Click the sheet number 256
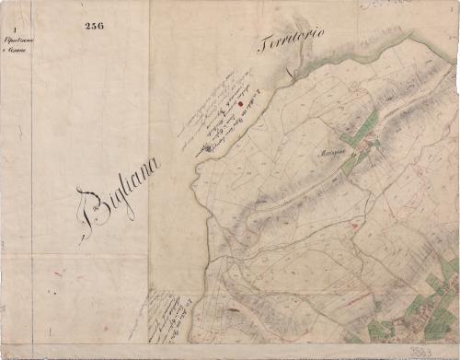pyautogui.click(x=94, y=26)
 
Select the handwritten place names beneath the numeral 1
pyautogui.click(x=16, y=45)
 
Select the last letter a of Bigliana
pyautogui.click(x=153, y=167)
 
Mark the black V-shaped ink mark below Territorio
pyautogui.click(x=287, y=71)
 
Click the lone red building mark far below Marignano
pyautogui.click(x=354, y=226)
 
